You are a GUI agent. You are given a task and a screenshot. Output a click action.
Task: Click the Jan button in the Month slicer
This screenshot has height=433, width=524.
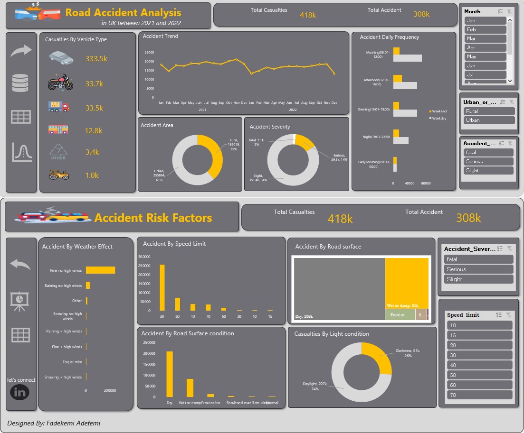pyautogui.click(x=485, y=21)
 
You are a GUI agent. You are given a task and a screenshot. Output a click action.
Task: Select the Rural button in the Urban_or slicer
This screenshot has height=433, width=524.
pyautogui.click(x=489, y=111)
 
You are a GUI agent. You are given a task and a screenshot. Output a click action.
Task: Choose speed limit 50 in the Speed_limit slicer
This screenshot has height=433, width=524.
pyautogui.click(x=479, y=375)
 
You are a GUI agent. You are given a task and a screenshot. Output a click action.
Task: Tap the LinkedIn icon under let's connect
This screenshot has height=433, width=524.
pyautogui.click(x=19, y=392)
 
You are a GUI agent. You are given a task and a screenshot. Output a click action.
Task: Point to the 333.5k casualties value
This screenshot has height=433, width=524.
pyautogui.click(x=96, y=59)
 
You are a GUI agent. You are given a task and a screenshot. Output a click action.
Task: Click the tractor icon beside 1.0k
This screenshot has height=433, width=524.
pyautogui.click(x=58, y=175)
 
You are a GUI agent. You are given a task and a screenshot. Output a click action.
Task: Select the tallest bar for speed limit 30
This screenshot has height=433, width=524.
pyautogui.click(x=162, y=287)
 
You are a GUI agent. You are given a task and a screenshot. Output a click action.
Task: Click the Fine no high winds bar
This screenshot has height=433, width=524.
pyautogui.click(x=101, y=270)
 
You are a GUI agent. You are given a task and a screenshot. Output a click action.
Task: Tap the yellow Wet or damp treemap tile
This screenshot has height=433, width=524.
pyautogui.click(x=407, y=283)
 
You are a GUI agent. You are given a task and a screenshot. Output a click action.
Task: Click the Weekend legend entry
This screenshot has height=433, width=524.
pyautogui.click(x=438, y=111)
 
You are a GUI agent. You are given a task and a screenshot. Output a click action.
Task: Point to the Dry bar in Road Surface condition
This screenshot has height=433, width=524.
pyautogui.click(x=170, y=374)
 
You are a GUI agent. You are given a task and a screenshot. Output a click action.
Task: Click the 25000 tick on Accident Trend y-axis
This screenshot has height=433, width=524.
pyautogui.click(x=149, y=53)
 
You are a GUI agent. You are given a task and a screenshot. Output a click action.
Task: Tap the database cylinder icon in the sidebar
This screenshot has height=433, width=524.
pyautogui.click(x=21, y=83)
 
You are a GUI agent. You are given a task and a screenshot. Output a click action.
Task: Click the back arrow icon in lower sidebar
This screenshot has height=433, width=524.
pyautogui.click(x=20, y=264)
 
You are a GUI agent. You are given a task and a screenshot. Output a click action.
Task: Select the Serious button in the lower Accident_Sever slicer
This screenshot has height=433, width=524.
pyautogui.click(x=478, y=269)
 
